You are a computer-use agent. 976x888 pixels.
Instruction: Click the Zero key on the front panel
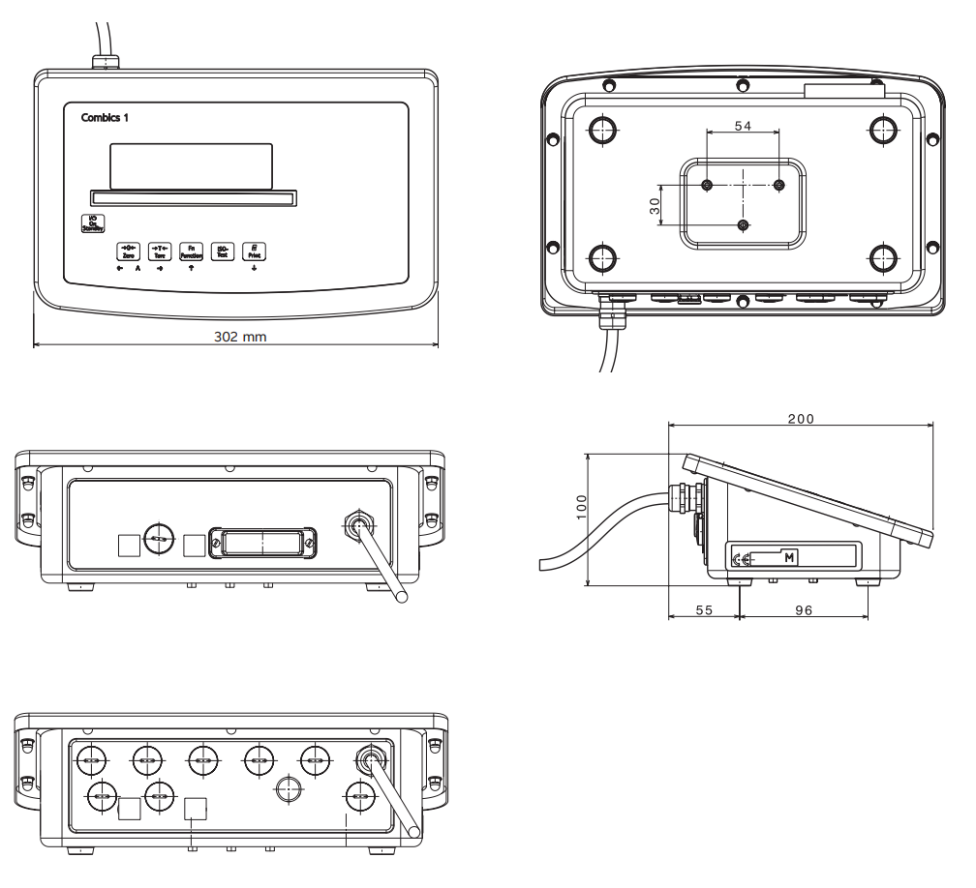pos(128,251)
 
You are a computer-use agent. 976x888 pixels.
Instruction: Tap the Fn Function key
pos(191,251)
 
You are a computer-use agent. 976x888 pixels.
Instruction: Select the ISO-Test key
pos(222,251)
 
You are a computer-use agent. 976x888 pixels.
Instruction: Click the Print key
pos(254,251)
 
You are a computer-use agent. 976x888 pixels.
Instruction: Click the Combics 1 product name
pos(105,117)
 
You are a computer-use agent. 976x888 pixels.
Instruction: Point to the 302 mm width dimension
pos(239,337)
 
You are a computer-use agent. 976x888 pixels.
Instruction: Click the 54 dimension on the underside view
pos(743,127)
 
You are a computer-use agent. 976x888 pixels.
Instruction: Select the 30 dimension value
pos(655,205)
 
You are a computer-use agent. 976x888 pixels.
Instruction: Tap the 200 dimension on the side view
pos(801,418)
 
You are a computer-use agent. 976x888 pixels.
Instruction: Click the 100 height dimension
pos(581,506)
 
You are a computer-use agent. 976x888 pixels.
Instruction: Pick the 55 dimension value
pos(704,610)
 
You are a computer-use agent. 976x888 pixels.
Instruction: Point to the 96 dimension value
pos(803,610)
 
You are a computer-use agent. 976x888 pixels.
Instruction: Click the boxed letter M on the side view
pos(789,558)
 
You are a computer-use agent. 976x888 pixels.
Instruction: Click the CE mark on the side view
pos(741,559)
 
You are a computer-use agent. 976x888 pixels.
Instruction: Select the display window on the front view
pos(191,166)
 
